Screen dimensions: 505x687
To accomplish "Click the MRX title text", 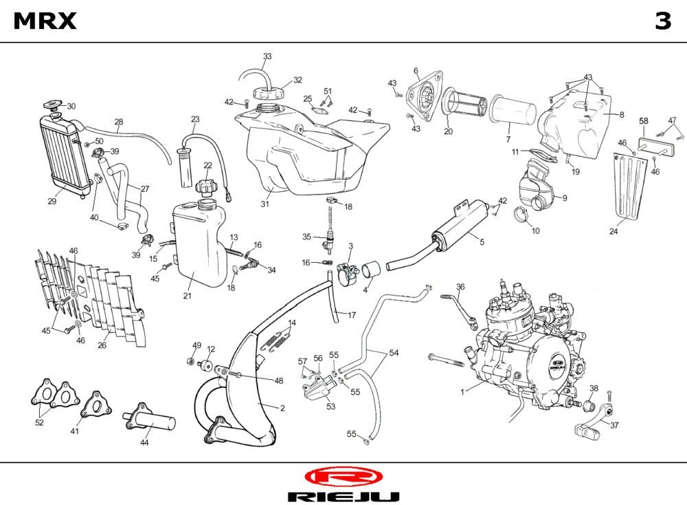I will [45, 21].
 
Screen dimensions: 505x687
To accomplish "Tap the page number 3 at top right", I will [662, 21].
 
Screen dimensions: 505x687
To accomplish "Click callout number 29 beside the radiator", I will [52, 202].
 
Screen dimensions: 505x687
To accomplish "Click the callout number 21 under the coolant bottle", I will [187, 296].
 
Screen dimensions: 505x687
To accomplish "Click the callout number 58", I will [644, 121].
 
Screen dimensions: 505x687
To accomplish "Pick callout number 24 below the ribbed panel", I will [613, 232].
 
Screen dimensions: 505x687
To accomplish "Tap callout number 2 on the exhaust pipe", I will [282, 408].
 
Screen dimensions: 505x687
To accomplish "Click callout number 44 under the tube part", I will [144, 443].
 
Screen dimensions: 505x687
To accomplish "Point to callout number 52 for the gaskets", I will [39, 422].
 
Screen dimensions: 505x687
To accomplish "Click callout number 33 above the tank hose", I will [267, 56].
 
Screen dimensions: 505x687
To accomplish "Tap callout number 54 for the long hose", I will [394, 353].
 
